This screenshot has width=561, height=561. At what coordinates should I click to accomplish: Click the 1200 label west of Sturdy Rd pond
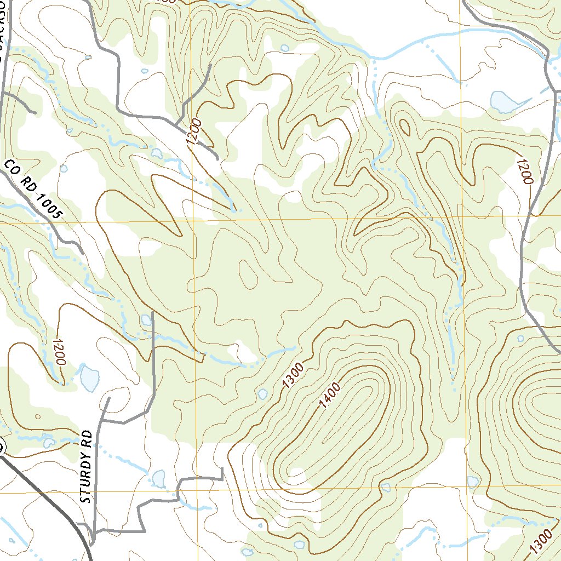[59, 352]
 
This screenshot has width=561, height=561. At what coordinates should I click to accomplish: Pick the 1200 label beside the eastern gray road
[524, 171]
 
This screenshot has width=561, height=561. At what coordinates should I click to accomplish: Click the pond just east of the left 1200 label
[89, 377]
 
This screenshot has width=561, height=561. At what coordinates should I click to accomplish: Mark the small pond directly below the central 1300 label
[262, 394]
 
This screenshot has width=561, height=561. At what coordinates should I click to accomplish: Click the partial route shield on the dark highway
[2, 447]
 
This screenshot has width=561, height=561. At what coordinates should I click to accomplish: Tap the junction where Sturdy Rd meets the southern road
[95, 531]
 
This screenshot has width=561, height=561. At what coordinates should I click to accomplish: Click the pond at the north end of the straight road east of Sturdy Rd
[146, 319]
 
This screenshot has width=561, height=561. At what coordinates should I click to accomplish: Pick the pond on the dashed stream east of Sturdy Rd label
[158, 478]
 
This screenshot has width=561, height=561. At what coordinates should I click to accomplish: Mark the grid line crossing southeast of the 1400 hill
[466, 486]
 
